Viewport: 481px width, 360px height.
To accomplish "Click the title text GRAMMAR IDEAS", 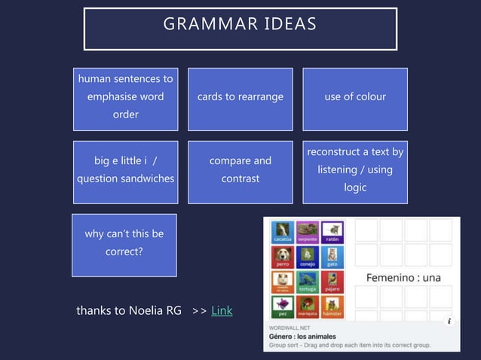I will [240, 24].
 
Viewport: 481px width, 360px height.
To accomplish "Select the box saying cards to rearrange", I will [240, 97].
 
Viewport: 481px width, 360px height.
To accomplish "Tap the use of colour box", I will [354, 97].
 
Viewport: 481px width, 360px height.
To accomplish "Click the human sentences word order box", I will [125, 97].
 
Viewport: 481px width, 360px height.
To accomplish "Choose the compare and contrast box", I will [240, 170].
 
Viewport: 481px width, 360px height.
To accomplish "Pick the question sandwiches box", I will [125, 170].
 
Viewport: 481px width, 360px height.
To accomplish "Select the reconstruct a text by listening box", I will [354, 170].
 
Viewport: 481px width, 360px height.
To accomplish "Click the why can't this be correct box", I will [124, 243].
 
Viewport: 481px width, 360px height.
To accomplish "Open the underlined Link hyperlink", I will [222, 310].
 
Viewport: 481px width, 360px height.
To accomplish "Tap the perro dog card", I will [283, 258].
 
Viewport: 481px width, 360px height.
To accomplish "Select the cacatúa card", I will [283, 231].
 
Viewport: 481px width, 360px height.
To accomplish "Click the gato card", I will [332, 258].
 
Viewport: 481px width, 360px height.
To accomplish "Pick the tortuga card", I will [308, 282].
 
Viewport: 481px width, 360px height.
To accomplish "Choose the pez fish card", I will [283, 307].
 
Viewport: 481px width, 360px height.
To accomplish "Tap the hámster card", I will [332, 307].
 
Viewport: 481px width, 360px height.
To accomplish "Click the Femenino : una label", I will [403, 277].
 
